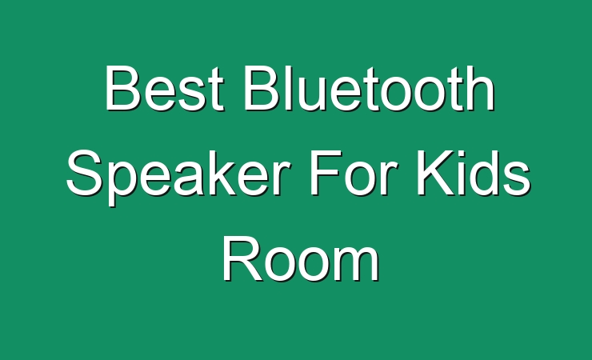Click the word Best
165,88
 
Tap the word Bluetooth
370,88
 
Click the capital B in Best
122,88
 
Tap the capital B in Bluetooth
262,88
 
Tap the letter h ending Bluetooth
481,88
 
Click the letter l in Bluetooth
286,88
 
